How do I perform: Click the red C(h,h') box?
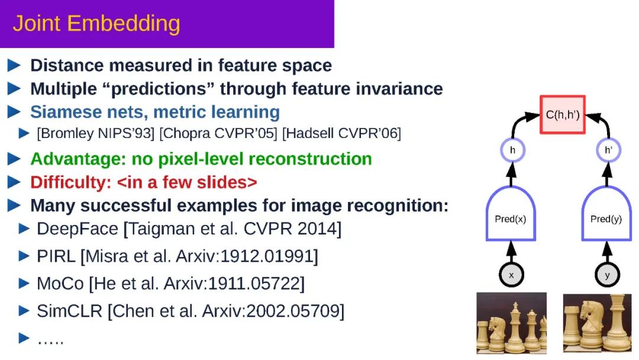(x=563, y=114)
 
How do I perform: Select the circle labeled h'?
(x=608, y=150)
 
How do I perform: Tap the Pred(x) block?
(x=511, y=214)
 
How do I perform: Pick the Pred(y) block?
(x=606, y=214)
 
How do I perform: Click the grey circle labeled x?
(x=511, y=275)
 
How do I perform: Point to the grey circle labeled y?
(x=607, y=275)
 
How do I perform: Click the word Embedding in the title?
(x=124, y=24)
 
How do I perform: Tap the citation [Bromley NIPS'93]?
(x=96, y=133)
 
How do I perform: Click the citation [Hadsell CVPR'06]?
(x=341, y=133)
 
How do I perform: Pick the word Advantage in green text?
(x=78, y=159)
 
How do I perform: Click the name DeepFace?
(x=78, y=229)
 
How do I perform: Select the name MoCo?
(x=60, y=284)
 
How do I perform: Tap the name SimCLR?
(x=69, y=311)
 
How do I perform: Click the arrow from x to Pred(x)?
(x=511, y=252)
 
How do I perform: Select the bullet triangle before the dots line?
(x=24, y=337)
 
